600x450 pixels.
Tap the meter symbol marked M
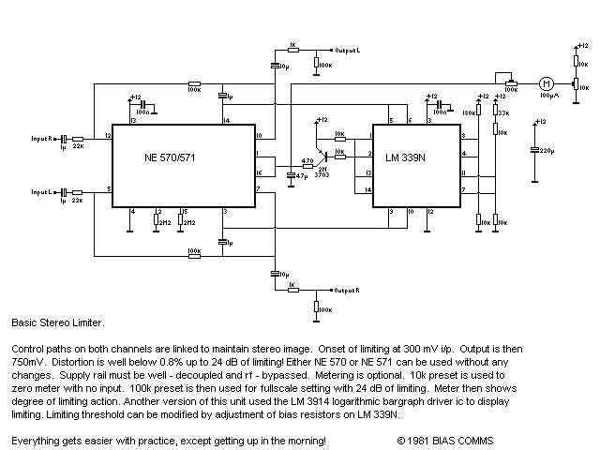click(x=544, y=83)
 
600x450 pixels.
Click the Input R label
click(x=44, y=138)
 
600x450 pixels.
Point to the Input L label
click(x=44, y=192)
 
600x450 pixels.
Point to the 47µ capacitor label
click(x=301, y=175)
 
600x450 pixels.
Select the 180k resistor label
click(x=466, y=112)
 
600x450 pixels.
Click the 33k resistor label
click(x=503, y=112)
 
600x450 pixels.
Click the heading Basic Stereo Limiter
click(x=52, y=322)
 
